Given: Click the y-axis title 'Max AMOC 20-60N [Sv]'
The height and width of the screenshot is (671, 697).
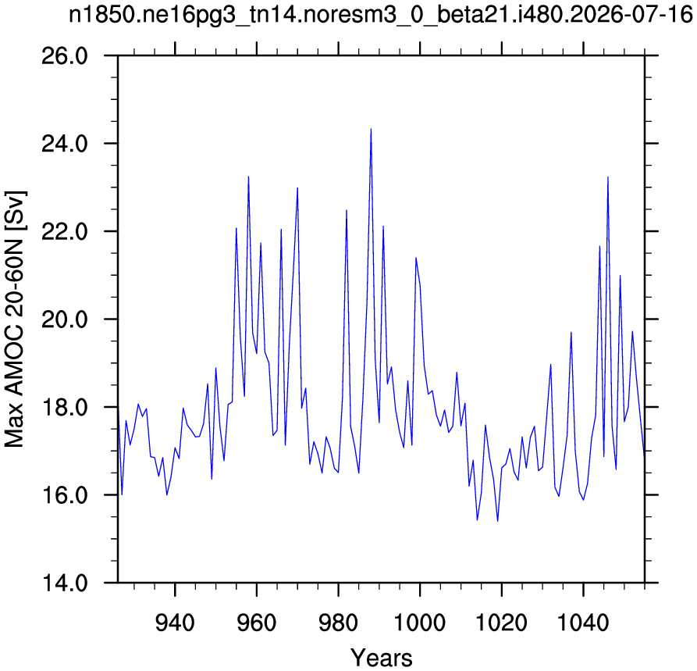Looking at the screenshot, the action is point(14,319).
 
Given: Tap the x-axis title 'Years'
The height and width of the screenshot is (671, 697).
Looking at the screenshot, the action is point(382,657).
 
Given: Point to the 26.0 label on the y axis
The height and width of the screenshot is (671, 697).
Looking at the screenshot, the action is point(65,56).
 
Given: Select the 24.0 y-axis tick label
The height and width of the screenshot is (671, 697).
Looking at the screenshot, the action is point(65,145).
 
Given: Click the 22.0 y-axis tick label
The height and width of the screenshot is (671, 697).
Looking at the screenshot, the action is point(65,232).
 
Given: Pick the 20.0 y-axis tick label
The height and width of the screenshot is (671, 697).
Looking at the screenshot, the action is point(65,319).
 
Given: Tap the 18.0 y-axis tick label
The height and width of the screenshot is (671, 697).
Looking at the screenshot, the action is point(65,408).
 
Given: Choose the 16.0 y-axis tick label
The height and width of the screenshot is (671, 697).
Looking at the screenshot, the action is point(65,495).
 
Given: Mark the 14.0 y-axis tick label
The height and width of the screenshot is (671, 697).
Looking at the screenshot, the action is point(65,583).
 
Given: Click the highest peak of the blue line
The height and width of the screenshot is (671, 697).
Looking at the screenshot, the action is point(371,129).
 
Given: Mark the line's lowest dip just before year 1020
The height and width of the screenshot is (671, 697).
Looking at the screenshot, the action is point(497,520).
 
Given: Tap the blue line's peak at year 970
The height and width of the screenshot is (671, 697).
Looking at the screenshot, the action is point(297,188).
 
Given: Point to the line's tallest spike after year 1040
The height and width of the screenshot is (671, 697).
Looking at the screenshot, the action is point(608,177).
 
